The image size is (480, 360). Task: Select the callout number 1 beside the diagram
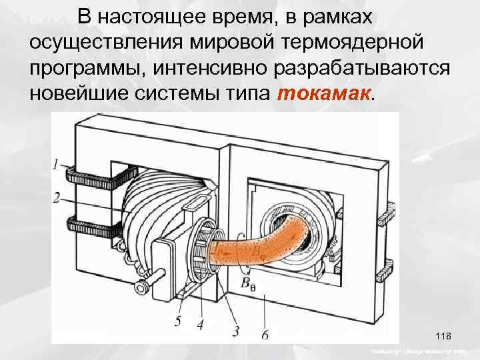55,163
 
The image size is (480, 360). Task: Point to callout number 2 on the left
56,197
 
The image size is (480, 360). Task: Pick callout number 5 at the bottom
177,321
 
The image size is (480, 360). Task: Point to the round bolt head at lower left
142,286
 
